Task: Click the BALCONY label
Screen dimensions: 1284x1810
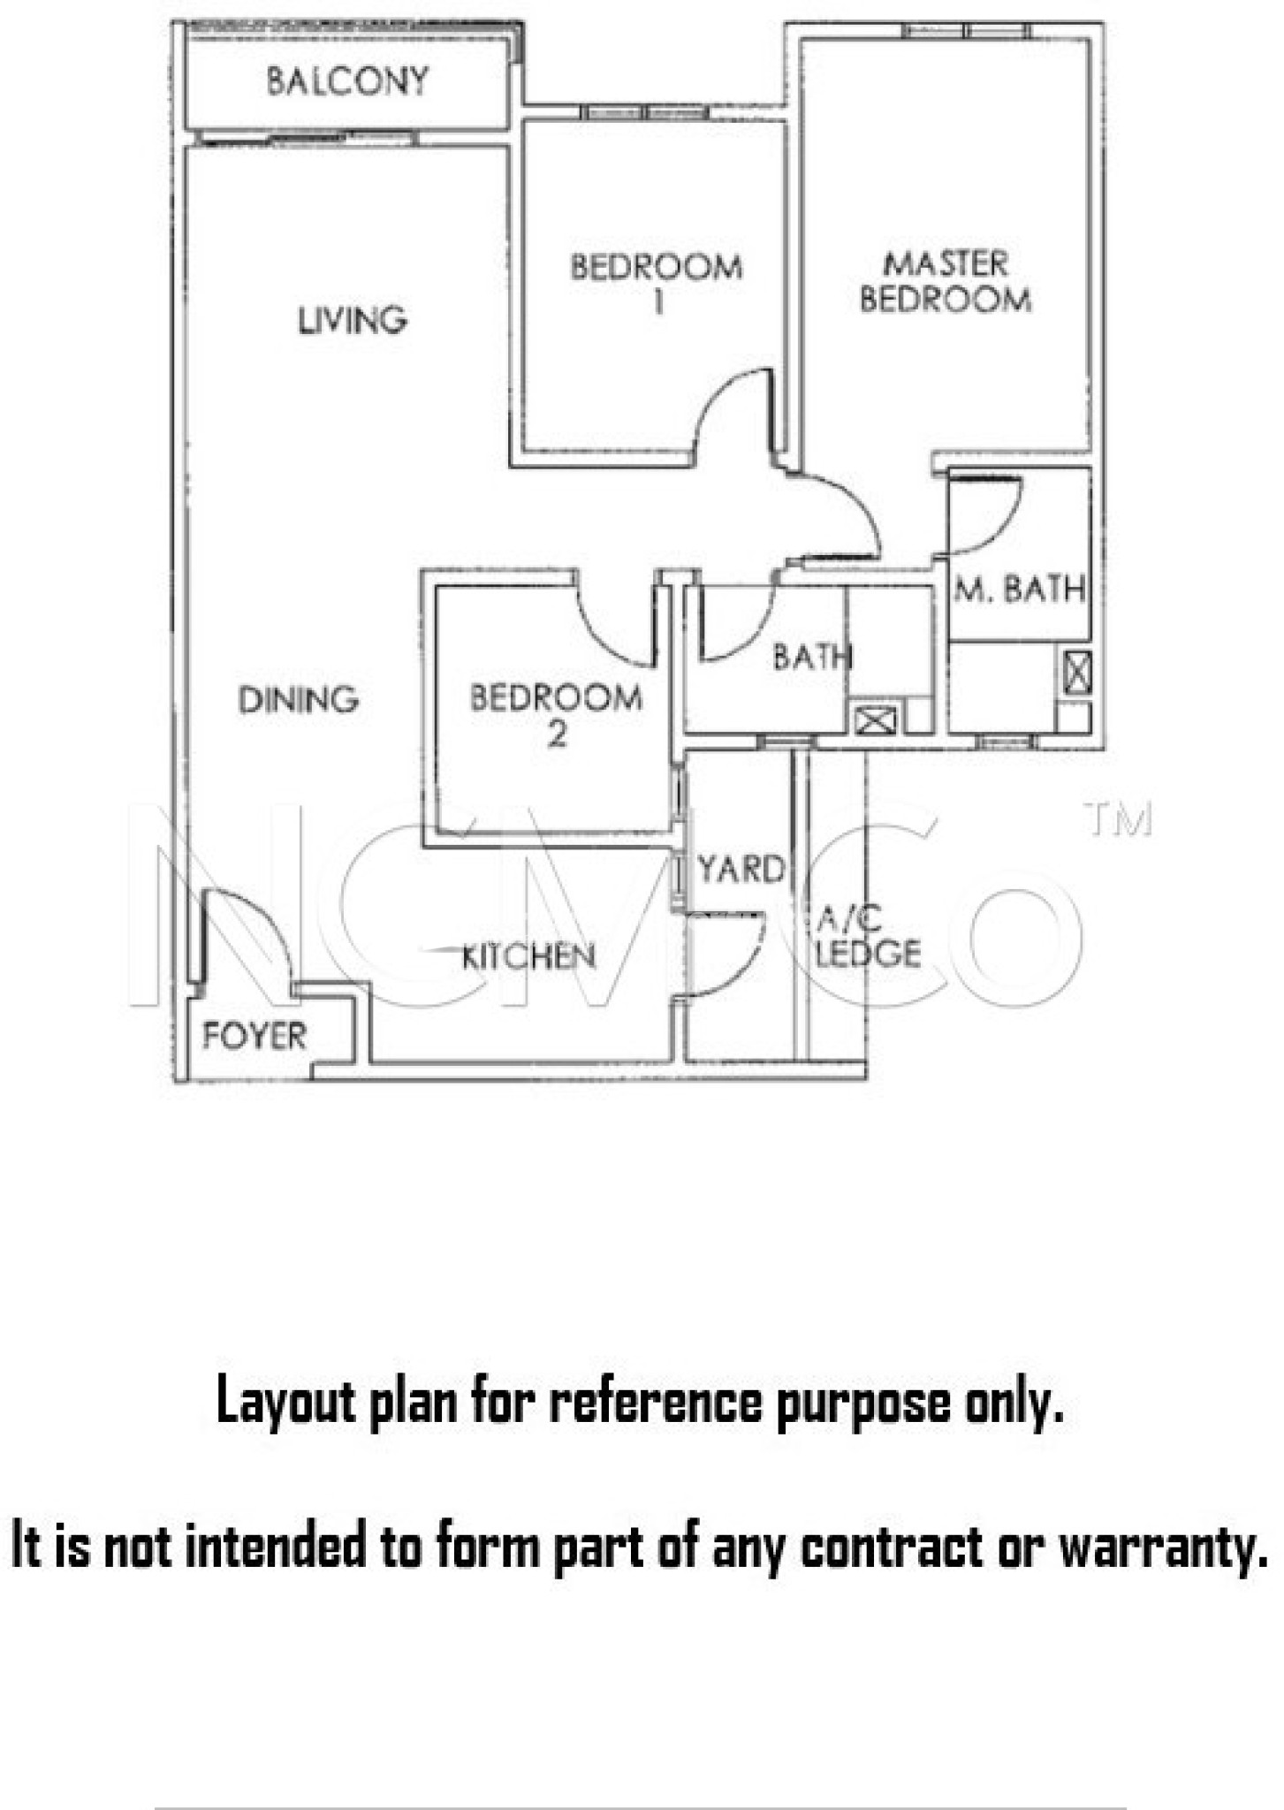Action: [x=347, y=81]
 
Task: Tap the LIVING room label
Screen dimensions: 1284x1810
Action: [x=352, y=320]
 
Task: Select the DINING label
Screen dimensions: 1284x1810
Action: [x=299, y=700]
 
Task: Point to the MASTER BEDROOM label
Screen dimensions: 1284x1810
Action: [x=946, y=281]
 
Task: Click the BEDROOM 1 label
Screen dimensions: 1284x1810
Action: [x=657, y=284]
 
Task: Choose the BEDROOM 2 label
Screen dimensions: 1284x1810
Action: [x=556, y=715]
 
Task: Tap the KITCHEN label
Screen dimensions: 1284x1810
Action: [x=528, y=955]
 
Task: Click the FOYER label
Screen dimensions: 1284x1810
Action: [x=255, y=1035]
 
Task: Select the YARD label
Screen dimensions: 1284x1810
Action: [x=741, y=870]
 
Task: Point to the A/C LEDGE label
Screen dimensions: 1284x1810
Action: [x=868, y=937]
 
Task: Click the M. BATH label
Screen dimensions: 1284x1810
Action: [x=1020, y=589]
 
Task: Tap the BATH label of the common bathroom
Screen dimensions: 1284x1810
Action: [x=812, y=657]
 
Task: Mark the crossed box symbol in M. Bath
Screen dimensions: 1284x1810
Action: [x=1078, y=673]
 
